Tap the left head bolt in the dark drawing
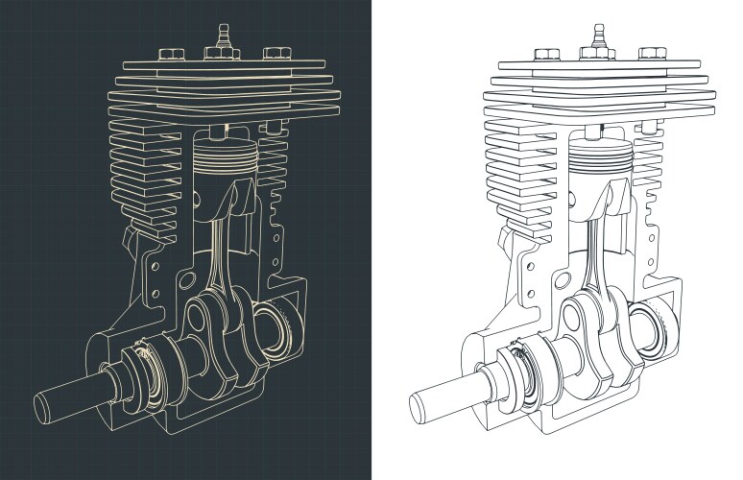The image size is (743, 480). pyautogui.click(x=172, y=54)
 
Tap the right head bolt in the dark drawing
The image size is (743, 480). pyautogui.click(x=276, y=52)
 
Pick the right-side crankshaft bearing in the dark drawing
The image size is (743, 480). pyautogui.click(x=281, y=330)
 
